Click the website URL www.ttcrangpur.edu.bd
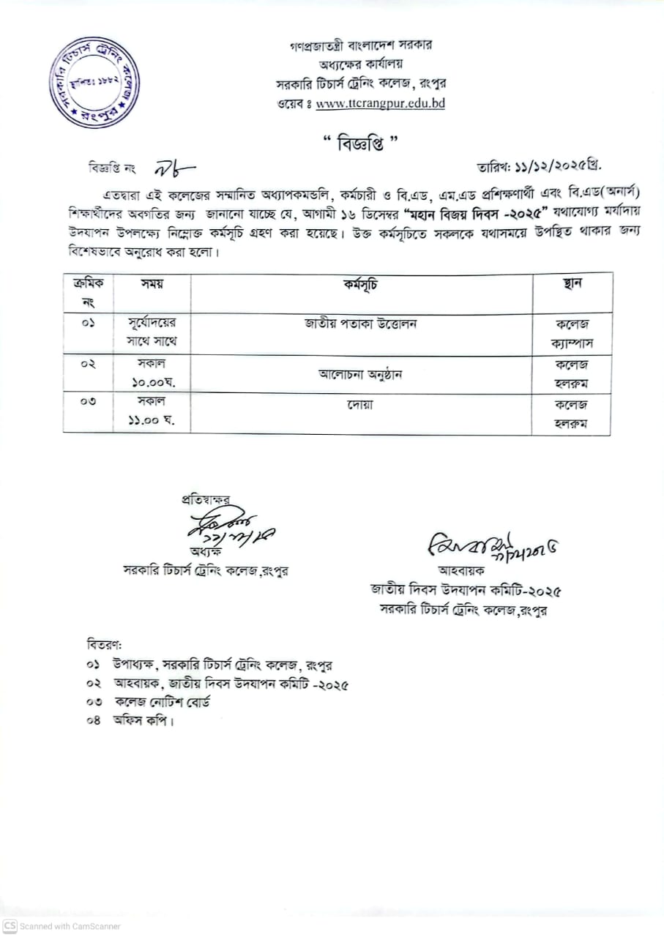(x=380, y=103)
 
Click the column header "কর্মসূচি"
(x=360, y=284)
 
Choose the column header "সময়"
(x=152, y=284)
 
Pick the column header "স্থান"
(x=572, y=284)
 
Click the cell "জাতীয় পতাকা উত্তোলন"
(x=360, y=324)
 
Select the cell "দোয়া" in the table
(x=360, y=404)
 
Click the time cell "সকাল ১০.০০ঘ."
(x=152, y=373)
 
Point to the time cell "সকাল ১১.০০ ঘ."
(x=152, y=413)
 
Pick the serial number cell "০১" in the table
(x=88, y=324)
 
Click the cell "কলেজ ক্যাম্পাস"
(x=572, y=333)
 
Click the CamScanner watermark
(x=61, y=926)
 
